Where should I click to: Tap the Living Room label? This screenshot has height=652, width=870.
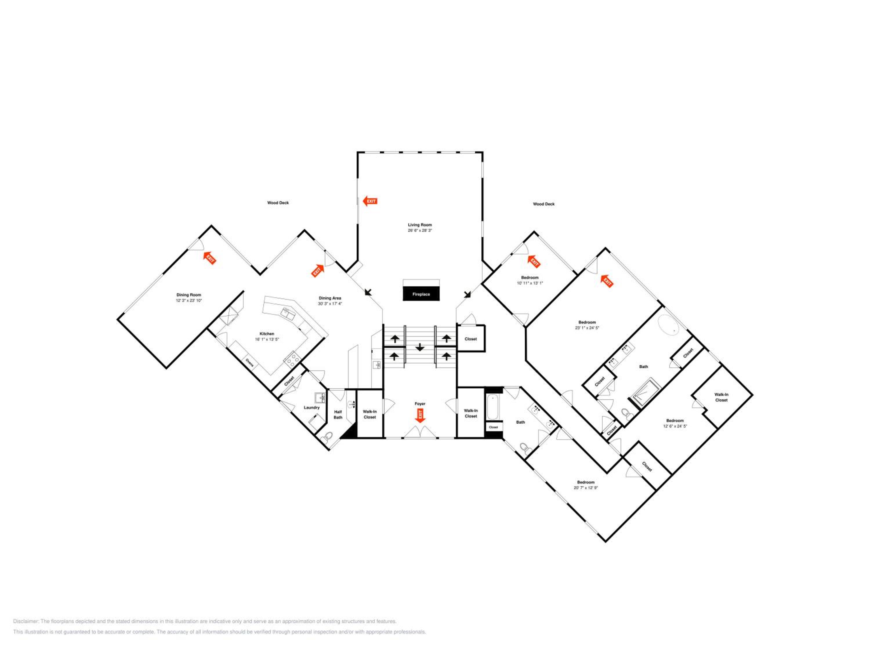click(420, 225)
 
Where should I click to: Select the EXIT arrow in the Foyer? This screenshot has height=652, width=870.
click(420, 416)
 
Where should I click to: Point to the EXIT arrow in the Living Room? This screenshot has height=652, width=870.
click(370, 201)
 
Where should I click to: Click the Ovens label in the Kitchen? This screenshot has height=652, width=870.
click(249, 362)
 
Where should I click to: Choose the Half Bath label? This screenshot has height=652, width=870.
click(338, 415)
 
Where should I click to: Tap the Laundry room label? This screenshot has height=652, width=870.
click(311, 407)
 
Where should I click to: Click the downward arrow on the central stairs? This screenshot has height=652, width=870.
click(420, 347)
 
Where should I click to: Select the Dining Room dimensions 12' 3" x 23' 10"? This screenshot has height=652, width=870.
click(189, 300)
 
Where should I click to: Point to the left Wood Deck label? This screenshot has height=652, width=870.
click(278, 203)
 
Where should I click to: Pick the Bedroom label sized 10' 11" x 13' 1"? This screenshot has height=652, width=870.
click(530, 278)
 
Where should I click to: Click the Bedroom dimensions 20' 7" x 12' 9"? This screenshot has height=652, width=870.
click(586, 488)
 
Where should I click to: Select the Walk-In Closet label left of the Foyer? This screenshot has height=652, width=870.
click(370, 414)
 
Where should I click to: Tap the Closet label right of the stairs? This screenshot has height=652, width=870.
click(470, 339)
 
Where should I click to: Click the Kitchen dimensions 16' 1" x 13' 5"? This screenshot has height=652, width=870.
click(267, 339)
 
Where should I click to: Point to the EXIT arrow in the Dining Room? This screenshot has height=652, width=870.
click(209, 258)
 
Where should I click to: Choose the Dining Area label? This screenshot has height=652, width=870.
click(330, 298)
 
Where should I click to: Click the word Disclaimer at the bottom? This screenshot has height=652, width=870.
click(26, 621)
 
